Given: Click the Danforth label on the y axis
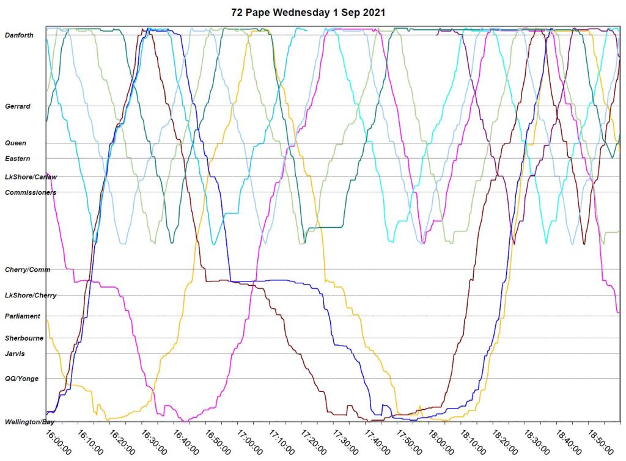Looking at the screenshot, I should [x=19, y=35].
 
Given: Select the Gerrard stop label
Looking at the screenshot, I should [x=17, y=106].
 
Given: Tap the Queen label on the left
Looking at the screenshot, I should [x=15, y=143].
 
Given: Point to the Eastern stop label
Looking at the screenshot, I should [x=17, y=159].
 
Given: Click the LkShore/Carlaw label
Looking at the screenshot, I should [x=31, y=177].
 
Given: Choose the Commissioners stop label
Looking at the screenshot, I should [x=31, y=192].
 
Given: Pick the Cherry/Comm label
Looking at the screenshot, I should [x=28, y=269].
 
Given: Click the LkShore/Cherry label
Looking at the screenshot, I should [x=31, y=296].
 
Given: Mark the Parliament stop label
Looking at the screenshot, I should [x=23, y=316].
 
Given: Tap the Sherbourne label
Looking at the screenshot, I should [x=24, y=338].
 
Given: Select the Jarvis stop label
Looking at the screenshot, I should [x=15, y=353].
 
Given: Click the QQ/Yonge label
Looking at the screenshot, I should [x=21, y=379].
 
